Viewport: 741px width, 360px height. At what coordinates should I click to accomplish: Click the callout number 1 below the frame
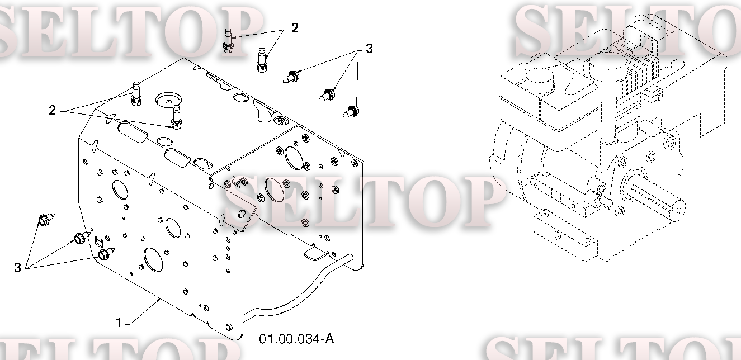119,323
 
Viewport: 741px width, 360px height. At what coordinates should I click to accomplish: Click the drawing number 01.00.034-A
296,339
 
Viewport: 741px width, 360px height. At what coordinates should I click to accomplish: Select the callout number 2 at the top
295,28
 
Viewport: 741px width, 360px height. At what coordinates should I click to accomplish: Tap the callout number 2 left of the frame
52,110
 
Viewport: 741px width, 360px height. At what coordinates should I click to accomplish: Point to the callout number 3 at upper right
369,49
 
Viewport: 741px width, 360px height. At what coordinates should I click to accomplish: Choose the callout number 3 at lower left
17,267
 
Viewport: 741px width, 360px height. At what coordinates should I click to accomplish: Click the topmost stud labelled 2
228,40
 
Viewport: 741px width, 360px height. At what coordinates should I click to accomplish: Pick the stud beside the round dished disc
176,117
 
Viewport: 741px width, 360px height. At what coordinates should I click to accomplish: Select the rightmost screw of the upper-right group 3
350,111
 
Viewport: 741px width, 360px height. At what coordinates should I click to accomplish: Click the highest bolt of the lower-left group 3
46,220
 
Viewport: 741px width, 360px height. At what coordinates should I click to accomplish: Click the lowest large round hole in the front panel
153,260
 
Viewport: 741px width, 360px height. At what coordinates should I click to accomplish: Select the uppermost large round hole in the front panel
120,190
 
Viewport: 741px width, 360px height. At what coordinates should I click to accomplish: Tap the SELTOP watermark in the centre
364,202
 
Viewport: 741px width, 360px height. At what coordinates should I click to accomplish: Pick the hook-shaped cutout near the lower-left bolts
98,241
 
